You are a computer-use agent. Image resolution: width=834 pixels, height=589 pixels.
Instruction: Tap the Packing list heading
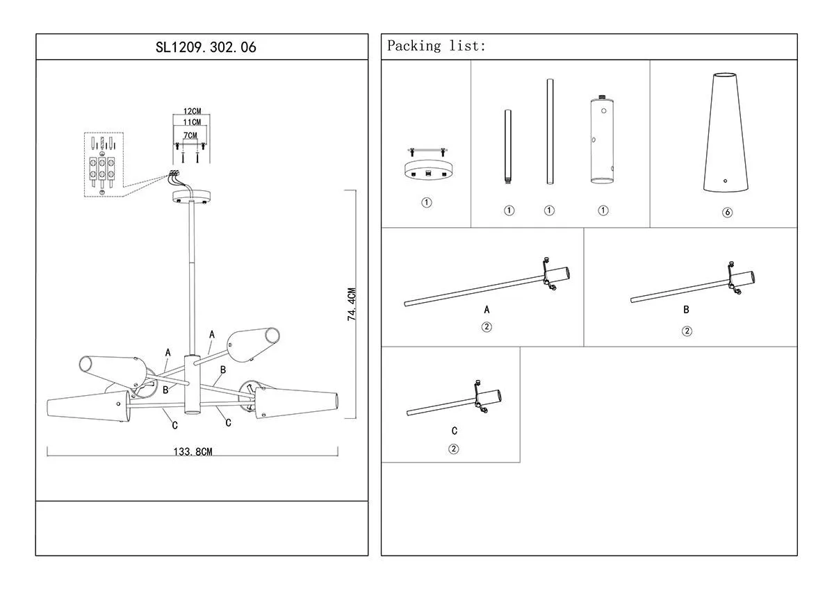pyautogui.click(x=436, y=47)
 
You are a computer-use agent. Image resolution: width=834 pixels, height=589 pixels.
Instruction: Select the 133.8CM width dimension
pyautogui.click(x=193, y=451)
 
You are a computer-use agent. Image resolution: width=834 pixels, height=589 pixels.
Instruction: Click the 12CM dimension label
pyautogui.click(x=192, y=111)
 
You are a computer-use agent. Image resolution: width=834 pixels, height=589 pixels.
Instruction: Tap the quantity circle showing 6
pyautogui.click(x=727, y=213)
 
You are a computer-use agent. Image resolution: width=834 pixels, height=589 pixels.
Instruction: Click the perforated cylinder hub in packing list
pyautogui.click(x=603, y=141)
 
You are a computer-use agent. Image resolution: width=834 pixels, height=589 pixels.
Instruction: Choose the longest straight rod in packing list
pyautogui.click(x=549, y=132)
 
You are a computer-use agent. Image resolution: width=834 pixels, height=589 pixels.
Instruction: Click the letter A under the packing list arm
pyautogui.click(x=486, y=310)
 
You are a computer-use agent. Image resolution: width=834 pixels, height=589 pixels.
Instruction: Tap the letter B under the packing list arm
pyautogui.click(x=687, y=310)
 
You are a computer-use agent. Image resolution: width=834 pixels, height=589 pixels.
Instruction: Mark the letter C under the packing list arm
pyautogui.click(x=454, y=431)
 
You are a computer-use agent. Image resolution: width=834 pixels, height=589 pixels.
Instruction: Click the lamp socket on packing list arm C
pyautogui.click(x=489, y=399)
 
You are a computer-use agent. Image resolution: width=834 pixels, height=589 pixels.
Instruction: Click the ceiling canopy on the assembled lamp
pyautogui.click(x=191, y=196)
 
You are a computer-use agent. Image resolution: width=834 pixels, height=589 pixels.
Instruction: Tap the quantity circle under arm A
pyautogui.click(x=486, y=327)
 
